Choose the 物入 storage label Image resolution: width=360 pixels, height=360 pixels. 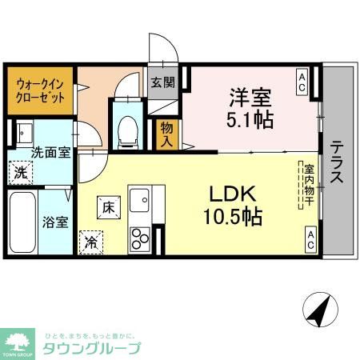[167, 133]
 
